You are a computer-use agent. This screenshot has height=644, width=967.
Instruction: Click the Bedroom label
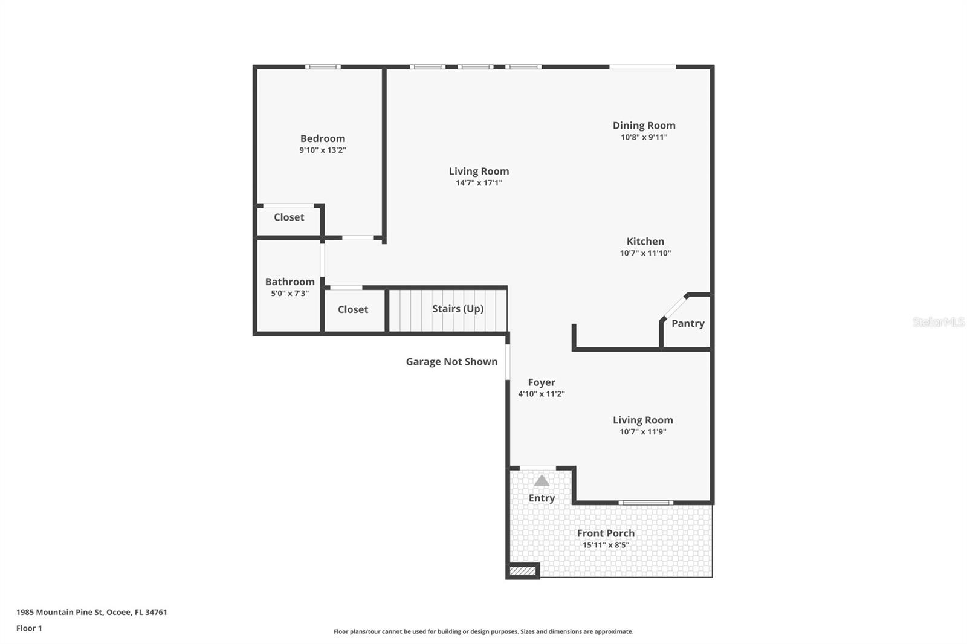pyautogui.click(x=323, y=138)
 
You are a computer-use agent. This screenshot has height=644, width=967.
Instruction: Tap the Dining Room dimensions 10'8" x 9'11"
pyautogui.click(x=644, y=137)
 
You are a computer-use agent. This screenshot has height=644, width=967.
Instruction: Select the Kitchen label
pyautogui.click(x=645, y=241)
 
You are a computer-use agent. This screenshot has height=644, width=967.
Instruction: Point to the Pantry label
pyautogui.click(x=688, y=323)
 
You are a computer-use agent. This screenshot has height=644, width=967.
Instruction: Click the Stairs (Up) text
pyautogui.click(x=458, y=309)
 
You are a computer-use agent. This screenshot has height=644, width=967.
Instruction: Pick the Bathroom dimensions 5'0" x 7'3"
pyautogui.click(x=289, y=294)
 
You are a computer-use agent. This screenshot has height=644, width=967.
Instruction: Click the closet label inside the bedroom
pyautogui.click(x=289, y=217)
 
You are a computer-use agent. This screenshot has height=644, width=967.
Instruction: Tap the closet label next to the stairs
pyautogui.click(x=353, y=309)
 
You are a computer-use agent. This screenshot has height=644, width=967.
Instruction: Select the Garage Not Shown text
pyautogui.click(x=451, y=361)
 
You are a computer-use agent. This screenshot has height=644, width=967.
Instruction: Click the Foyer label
pyautogui.click(x=541, y=382)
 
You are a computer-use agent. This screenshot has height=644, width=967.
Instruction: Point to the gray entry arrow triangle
pyautogui.click(x=542, y=481)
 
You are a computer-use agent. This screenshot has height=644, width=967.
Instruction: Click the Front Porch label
pyautogui.click(x=606, y=533)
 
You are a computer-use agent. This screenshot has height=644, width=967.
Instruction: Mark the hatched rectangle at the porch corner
pyautogui.click(x=523, y=571)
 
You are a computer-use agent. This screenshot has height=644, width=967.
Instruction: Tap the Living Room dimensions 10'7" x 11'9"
pyautogui.click(x=642, y=432)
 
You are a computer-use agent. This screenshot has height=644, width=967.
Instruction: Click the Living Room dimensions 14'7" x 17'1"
pyautogui.click(x=479, y=183)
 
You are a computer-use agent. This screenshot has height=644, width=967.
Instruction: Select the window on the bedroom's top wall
pyautogui.click(x=323, y=67)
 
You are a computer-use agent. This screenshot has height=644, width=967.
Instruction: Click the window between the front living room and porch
pyautogui.click(x=645, y=503)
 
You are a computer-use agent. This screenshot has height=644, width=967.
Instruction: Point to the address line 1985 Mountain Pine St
pyautogui.click(x=91, y=612)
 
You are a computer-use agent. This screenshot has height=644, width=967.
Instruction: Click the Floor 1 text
pyautogui.click(x=29, y=628)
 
